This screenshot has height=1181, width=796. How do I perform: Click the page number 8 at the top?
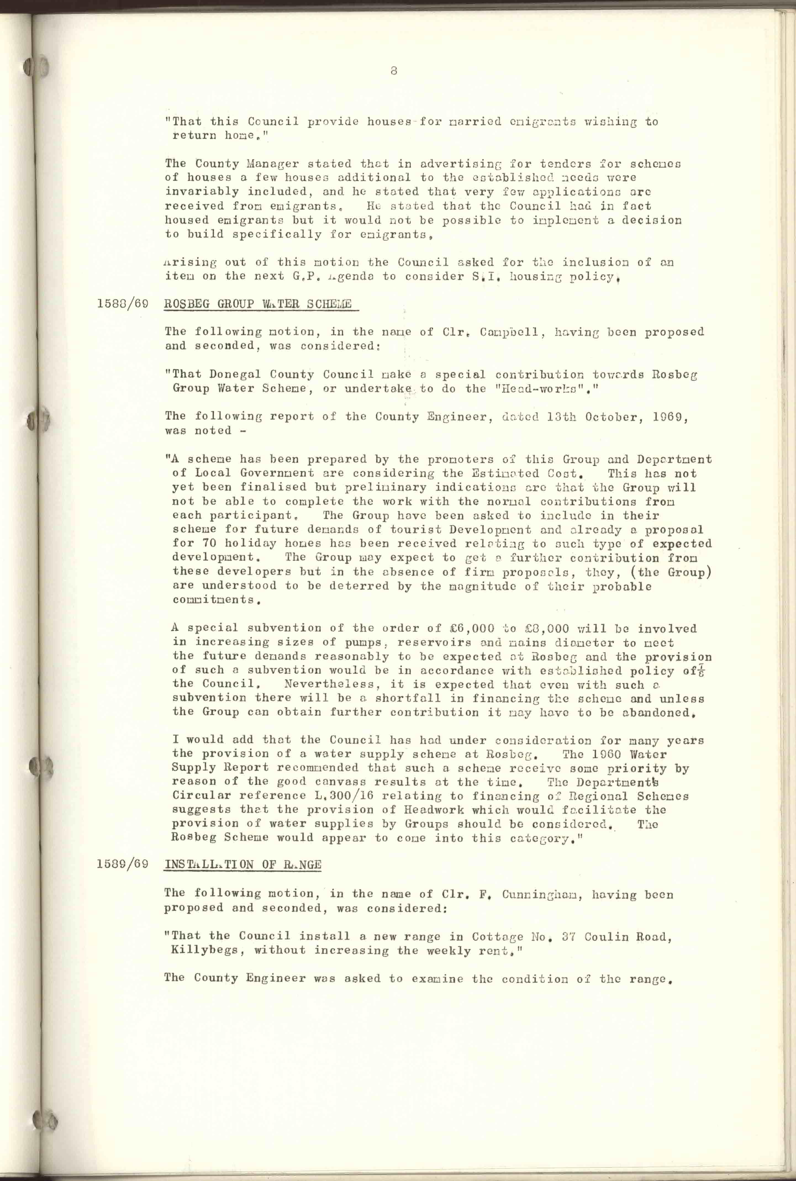tap(394, 71)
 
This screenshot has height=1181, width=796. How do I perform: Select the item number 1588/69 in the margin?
tap(122, 305)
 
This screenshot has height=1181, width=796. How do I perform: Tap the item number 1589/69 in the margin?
tap(122, 864)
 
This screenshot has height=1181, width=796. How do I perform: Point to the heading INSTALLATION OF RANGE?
tap(243, 864)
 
